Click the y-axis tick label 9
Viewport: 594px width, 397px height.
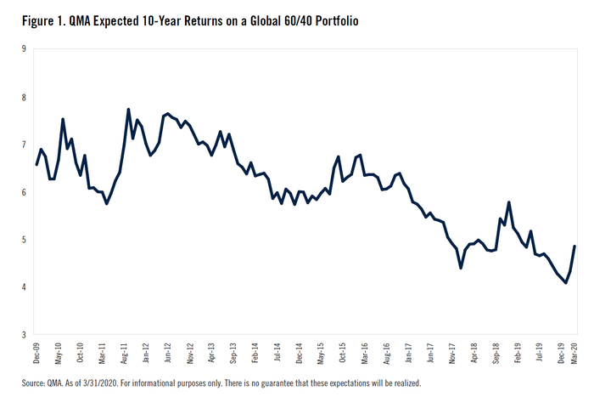pos(23,49)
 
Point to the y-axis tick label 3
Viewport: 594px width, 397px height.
pos(23,335)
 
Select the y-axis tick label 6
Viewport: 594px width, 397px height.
pos(23,192)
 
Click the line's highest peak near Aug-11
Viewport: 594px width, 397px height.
pos(128,110)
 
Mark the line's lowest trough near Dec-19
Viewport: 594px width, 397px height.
pos(566,283)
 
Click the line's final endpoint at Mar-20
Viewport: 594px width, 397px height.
pos(575,247)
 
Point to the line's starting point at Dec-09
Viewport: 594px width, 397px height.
pos(36,164)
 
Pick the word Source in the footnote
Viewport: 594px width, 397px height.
pos(23,383)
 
